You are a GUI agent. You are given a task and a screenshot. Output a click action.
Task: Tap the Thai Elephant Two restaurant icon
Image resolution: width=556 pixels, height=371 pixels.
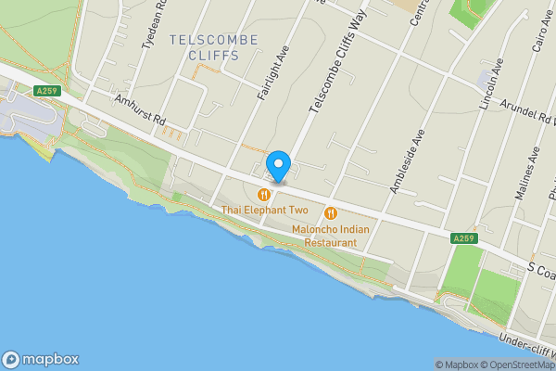[x=265, y=195]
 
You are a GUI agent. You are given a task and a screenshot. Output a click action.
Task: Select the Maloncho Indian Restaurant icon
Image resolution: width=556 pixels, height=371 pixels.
[x=331, y=212]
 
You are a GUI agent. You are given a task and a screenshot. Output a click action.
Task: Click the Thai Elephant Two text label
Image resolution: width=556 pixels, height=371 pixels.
[x=265, y=211]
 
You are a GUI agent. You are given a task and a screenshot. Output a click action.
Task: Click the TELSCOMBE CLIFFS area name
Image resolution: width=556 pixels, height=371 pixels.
[x=205, y=47]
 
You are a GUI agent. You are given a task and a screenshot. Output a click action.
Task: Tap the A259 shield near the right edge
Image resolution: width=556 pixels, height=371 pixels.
[x=464, y=239]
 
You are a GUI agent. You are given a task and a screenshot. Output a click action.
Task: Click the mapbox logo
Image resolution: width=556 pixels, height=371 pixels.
[x=41, y=360]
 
